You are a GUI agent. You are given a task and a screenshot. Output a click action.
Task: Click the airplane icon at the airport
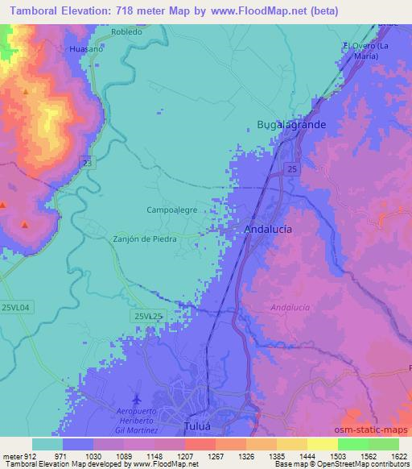click(136, 400)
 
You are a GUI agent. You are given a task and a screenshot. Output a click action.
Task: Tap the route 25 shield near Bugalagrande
click(290, 168)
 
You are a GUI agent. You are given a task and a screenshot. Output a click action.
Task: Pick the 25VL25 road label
click(149, 318)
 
